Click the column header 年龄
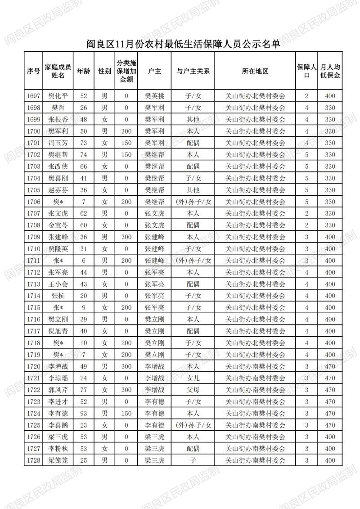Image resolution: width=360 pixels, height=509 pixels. pos(83,71)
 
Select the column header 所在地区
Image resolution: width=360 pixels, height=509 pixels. pos(255,71)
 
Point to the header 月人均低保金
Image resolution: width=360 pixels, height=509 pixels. pos(330,71)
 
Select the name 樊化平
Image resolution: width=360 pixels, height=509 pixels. pos(58,96)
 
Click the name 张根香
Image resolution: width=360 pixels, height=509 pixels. pos(58,119)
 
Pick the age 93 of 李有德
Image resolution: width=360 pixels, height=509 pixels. pos(83,413)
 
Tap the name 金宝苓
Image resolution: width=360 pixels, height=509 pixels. pos(58,225)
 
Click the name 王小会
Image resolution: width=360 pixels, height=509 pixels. pos(58,284)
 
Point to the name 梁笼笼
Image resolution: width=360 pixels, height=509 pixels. pos(58,460)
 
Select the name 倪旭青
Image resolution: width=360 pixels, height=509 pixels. pos(58,331)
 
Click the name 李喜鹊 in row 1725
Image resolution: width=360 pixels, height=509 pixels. pos(58,425)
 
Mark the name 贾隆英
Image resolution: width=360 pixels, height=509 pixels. pos(58,248)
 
